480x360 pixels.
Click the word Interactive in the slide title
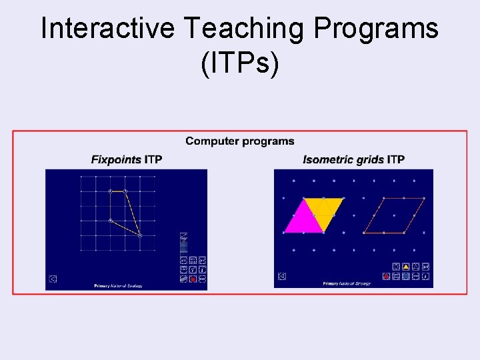[107, 29]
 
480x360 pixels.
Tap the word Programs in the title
[377, 29]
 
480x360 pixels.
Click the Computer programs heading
[239, 141]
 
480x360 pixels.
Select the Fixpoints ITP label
[127, 159]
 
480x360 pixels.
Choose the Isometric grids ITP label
[353, 159]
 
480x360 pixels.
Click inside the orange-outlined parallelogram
[394, 215]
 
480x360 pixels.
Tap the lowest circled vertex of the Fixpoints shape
[140, 235]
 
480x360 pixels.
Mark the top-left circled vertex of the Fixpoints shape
[111, 191]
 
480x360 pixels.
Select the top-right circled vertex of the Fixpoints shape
[125, 191]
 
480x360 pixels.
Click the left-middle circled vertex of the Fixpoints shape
[111, 221]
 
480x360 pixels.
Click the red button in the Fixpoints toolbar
[192, 279]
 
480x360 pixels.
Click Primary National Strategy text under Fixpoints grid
[118, 286]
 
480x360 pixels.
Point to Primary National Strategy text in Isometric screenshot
[347, 284]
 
